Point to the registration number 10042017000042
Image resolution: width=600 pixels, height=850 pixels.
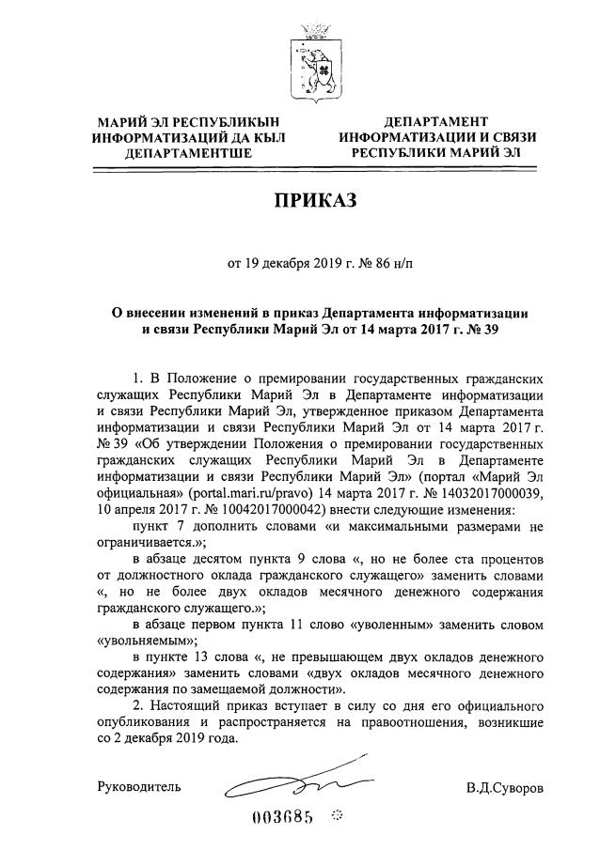point(247,508)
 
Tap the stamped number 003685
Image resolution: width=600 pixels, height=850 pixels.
point(280,814)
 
